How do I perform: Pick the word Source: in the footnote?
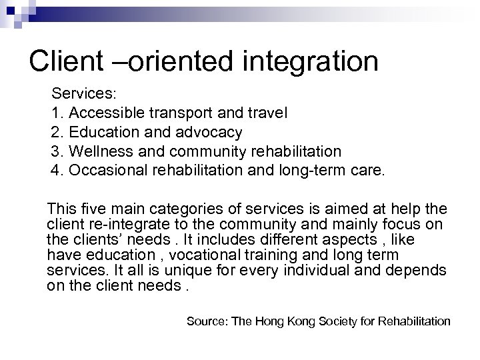(x=205, y=322)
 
